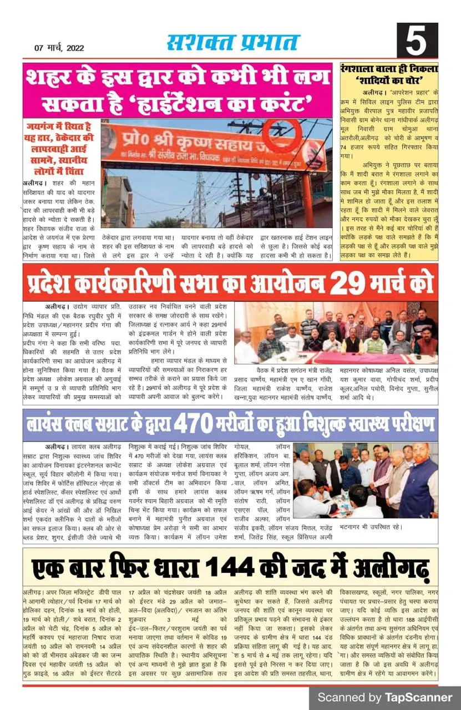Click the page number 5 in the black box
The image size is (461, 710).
(x=417, y=41)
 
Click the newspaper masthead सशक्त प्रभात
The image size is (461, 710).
(x=233, y=43)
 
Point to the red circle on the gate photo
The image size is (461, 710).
(x=281, y=136)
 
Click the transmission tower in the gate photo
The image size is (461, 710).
(x=198, y=197)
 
